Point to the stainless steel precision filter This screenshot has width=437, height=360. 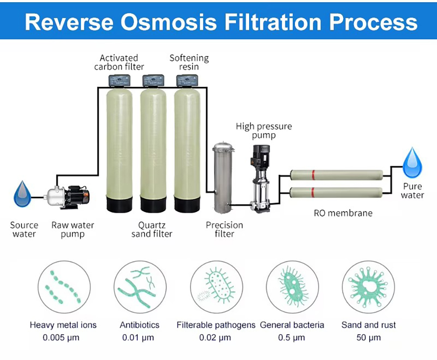(222, 180)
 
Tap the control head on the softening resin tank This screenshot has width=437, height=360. (187, 80)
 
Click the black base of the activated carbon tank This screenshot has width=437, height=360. (119, 204)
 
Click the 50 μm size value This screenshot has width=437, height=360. (368, 337)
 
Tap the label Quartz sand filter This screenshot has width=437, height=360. (152, 229)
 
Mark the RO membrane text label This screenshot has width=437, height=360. (343, 213)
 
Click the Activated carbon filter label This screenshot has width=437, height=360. (119, 62)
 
